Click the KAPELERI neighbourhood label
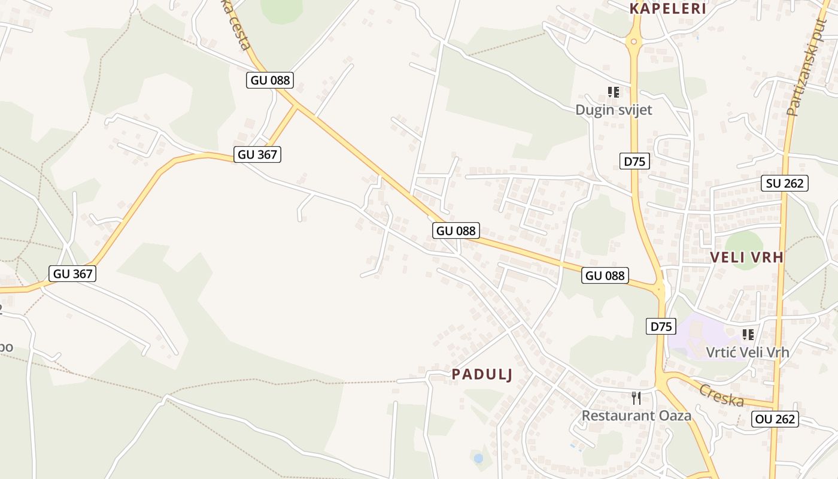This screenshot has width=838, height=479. (x=668, y=8)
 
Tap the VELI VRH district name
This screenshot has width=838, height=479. (x=746, y=257)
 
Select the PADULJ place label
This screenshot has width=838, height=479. (x=482, y=375)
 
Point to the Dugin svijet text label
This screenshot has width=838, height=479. (x=614, y=110)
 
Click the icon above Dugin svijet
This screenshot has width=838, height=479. (x=614, y=92)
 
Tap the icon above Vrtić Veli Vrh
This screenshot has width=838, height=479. (x=748, y=334)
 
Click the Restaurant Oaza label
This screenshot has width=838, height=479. (x=636, y=416)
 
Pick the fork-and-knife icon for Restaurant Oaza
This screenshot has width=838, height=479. (x=636, y=398)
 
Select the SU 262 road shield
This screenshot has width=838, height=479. (x=785, y=183)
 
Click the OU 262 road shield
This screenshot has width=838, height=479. (x=775, y=419)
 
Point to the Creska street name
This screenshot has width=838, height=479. (x=721, y=396)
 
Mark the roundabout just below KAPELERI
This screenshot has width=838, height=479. (x=634, y=41)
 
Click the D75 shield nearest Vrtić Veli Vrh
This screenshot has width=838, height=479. (x=661, y=326)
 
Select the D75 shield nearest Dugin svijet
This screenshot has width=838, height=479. (x=634, y=161)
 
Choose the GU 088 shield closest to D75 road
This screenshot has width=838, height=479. (x=605, y=275)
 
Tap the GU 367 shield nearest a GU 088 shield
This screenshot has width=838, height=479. (x=257, y=154)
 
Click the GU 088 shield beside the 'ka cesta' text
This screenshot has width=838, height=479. (x=270, y=80)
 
